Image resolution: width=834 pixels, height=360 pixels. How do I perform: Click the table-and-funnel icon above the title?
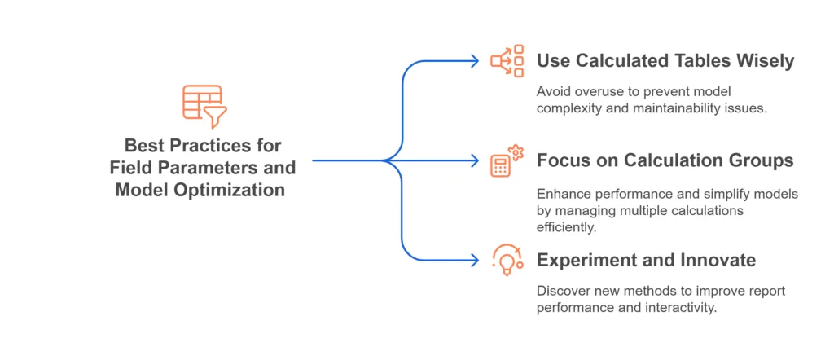click(x=204, y=105)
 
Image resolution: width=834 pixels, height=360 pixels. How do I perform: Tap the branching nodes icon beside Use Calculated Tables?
click(x=507, y=61)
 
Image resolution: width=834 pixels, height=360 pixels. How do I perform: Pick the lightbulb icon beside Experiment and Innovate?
click(x=507, y=259)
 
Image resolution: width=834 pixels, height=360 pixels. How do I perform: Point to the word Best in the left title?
click(x=143, y=146)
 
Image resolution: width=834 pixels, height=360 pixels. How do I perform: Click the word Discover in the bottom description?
click(x=561, y=290)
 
